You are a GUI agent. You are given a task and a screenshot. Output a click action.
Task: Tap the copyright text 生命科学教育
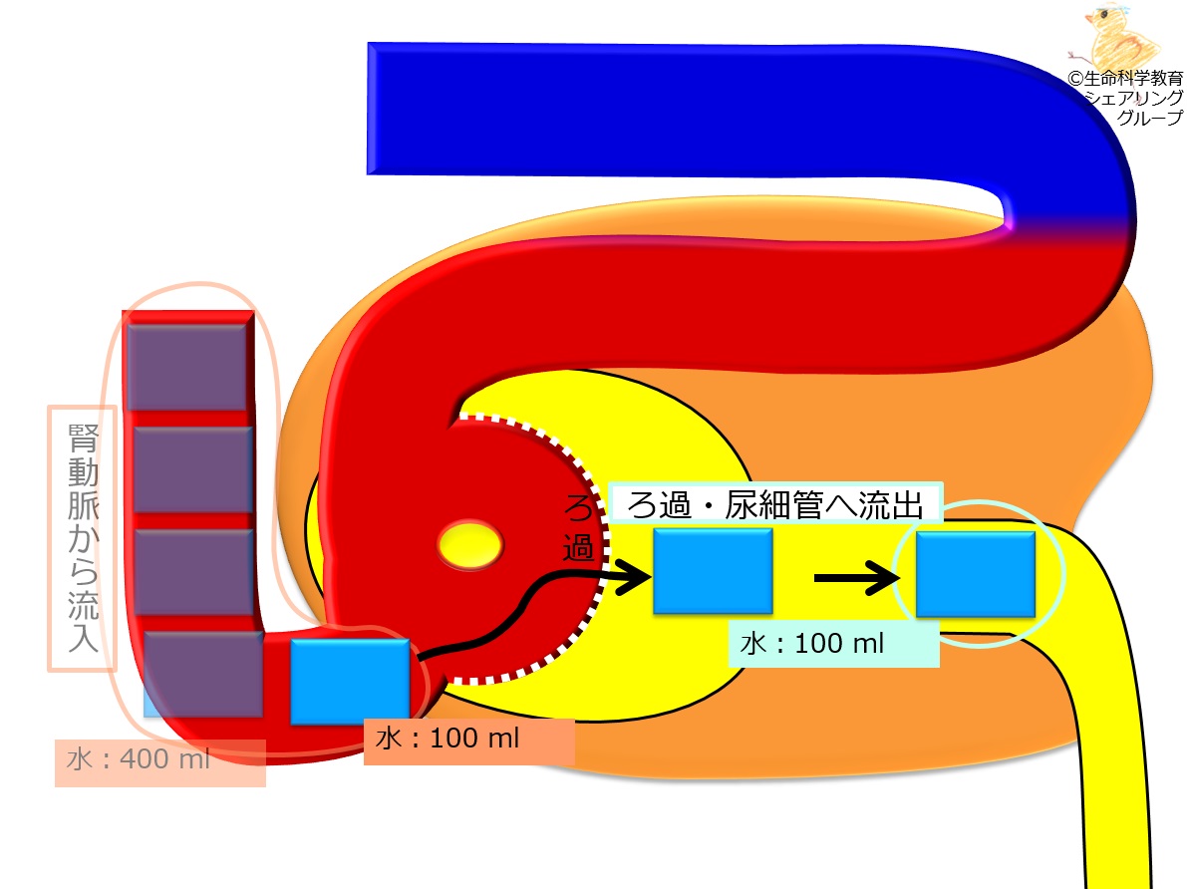pyautogui.click(x=1132, y=78)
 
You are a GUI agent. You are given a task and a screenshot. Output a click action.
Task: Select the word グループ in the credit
pyautogui.click(x=1149, y=118)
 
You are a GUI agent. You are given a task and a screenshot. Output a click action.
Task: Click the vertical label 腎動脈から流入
pyautogui.click(x=83, y=537)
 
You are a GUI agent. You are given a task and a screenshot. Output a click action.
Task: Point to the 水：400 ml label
pyautogui.click(x=139, y=758)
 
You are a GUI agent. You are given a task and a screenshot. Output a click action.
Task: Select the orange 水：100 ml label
pyautogui.click(x=448, y=738)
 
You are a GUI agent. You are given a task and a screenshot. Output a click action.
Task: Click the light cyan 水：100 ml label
pyautogui.click(x=812, y=644)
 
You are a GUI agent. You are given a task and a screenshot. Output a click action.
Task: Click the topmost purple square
pyautogui.click(x=189, y=367)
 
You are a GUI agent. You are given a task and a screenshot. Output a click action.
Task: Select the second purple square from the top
pyautogui.click(x=192, y=469)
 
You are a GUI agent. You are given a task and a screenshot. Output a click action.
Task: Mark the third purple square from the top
pyautogui.click(x=193, y=572)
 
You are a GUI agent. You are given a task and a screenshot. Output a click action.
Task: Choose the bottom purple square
pyautogui.click(x=203, y=674)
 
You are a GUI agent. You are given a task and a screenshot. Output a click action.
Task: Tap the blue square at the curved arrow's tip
pyautogui.click(x=713, y=571)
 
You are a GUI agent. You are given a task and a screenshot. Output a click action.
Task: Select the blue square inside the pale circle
pyautogui.click(x=976, y=573)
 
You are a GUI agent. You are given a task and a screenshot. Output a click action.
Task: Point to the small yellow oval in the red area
pyautogui.click(x=470, y=544)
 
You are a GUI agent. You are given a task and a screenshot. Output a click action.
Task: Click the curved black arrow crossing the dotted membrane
pyautogui.click(x=530, y=606)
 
